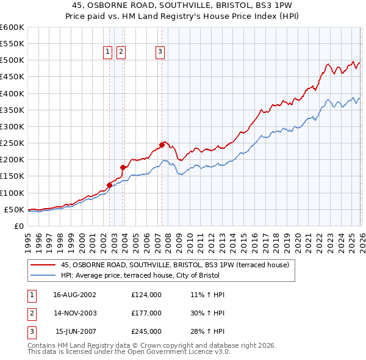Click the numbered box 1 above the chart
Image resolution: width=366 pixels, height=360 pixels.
pyautogui.click(x=107, y=52)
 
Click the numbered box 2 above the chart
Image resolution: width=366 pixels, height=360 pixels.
pyautogui.click(x=121, y=52)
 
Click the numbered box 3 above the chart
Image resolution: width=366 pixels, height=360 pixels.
pyautogui.click(x=160, y=52)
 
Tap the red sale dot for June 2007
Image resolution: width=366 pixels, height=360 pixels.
pyautogui.click(x=162, y=145)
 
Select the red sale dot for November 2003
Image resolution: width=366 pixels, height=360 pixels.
pyautogui.click(x=123, y=167)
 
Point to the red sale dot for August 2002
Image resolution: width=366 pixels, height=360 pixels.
pyautogui.click(x=110, y=185)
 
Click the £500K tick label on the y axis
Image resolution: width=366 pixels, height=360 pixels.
pyautogui.click(x=12, y=60)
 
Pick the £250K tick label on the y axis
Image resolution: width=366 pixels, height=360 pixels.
pyautogui.click(x=12, y=143)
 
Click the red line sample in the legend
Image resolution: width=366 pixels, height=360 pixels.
pyautogui.click(x=43, y=265)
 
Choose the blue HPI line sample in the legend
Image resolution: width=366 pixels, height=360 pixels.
pyautogui.click(x=43, y=275)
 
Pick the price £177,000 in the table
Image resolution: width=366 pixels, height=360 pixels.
pyautogui.click(x=146, y=313)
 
